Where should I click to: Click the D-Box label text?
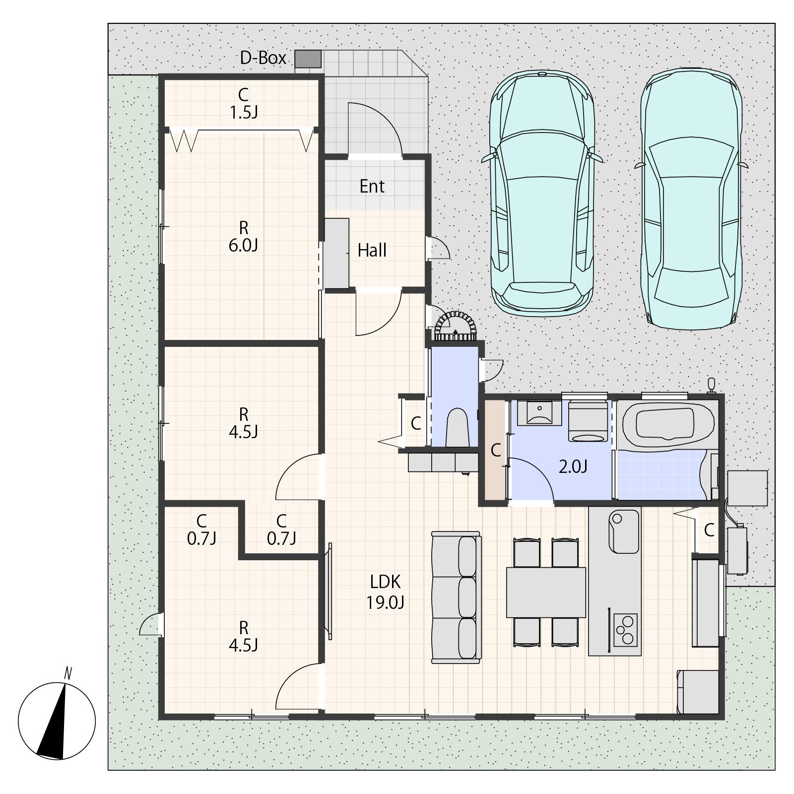pyautogui.click(x=263, y=58)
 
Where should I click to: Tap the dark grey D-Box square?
pyautogui.click(x=308, y=59)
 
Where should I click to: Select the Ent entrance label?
pyautogui.click(x=372, y=186)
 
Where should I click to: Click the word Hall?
pyautogui.click(x=372, y=250)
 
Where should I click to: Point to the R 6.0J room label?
pyautogui.click(x=243, y=237)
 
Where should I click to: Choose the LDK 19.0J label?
pyautogui.click(x=385, y=592)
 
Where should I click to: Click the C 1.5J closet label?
pyautogui.click(x=243, y=103)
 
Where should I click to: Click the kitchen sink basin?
pyautogui.click(x=624, y=531)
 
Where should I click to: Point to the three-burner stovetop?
pyautogui.click(x=625, y=630)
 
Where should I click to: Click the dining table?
pyautogui.click(x=546, y=592)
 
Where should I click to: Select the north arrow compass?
pyautogui.click(x=57, y=721)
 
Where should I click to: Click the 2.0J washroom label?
pyautogui.click(x=573, y=466)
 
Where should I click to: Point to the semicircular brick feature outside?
pyautogui.click(x=456, y=326)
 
